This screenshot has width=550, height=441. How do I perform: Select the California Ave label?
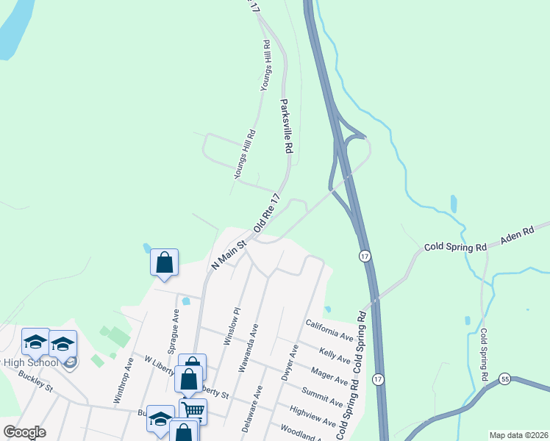pos(330,330)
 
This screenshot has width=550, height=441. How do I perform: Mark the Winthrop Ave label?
pos(122,381)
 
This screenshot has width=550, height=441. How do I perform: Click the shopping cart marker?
pos(193,411)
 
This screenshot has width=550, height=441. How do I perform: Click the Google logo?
pos(24,432)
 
